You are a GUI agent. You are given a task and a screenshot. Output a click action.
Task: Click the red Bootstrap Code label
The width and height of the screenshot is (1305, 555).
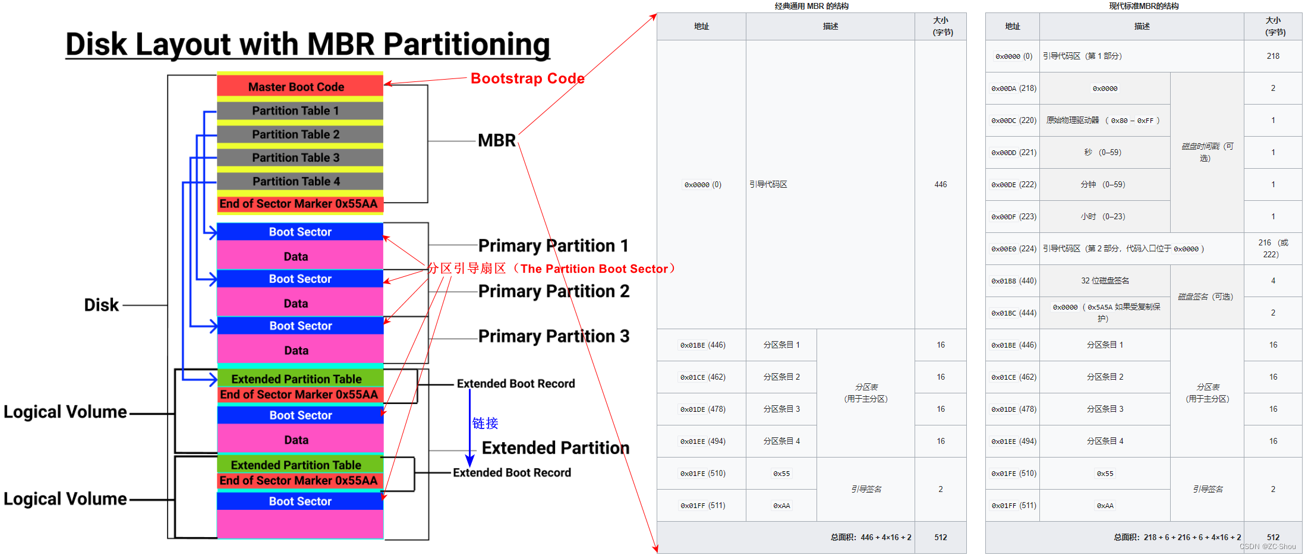tap(527, 78)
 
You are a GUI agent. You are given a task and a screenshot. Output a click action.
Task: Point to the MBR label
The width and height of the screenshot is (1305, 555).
tap(497, 141)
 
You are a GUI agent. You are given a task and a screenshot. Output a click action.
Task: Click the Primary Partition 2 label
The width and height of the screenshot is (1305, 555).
tap(553, 291)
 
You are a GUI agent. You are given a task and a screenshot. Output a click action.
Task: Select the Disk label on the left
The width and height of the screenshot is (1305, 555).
tap(102, 305)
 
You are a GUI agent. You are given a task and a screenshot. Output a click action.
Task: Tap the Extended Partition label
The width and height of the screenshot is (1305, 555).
tap(555, 448)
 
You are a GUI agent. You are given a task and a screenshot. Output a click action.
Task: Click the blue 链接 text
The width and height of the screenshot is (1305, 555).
tap(485, 423)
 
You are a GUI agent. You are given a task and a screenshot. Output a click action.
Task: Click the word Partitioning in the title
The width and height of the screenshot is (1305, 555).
tap(466, 45)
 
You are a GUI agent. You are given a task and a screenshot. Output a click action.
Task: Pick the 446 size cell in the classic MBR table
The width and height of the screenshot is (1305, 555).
tap(940, 185)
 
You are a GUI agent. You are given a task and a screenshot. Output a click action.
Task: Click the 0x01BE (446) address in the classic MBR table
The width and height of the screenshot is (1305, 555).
tap(702, 345)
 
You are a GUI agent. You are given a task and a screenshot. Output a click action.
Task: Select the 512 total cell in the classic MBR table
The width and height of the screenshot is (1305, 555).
tap(940, 538)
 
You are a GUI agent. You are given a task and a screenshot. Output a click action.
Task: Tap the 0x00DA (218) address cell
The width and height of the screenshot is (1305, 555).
tap(1013, 89)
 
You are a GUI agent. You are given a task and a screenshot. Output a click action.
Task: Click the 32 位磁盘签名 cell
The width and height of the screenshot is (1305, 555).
tap(1105, 280)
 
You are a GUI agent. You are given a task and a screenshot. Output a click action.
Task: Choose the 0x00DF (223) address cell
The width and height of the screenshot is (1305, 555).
tap(1013, 217)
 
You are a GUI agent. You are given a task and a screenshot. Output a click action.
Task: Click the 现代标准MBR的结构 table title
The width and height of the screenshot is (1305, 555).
tap(1143, 6)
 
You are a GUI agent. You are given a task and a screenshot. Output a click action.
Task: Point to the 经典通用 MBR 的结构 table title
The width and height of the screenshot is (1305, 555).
tap(811, 6)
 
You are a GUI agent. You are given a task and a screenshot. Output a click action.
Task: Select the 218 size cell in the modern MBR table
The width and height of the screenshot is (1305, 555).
tap(1273, 56)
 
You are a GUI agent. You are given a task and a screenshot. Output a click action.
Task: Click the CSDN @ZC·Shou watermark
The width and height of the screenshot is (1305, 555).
tap(1268, 547)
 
